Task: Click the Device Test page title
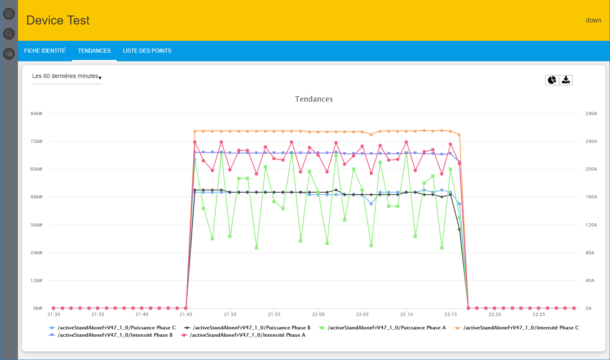tap(58, 20)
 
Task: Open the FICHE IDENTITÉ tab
tap(45, 51)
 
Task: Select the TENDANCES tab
tap(94, 51)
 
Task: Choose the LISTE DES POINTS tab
tap(147, 51)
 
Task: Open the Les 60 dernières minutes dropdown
tap(67, 76)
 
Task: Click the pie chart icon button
tap(552, 80)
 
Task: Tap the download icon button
tap(566, 80)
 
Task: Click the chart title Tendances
tap(314, 99)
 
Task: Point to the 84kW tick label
tap(36, 113)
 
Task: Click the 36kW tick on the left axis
tap(36, 225)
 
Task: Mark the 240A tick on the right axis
tap(591, 141)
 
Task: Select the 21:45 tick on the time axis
tap(186, 314)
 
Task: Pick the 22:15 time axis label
tap(451, 314)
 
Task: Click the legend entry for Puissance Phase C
tap(116, 328)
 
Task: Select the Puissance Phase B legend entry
tap(252, 328)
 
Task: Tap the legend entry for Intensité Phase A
tap(247, 335)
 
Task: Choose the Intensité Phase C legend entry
tap(521, 328)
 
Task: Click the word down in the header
tap(593, 20)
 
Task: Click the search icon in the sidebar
tap(9, 34)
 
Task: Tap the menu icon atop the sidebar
tap(9, 14)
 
